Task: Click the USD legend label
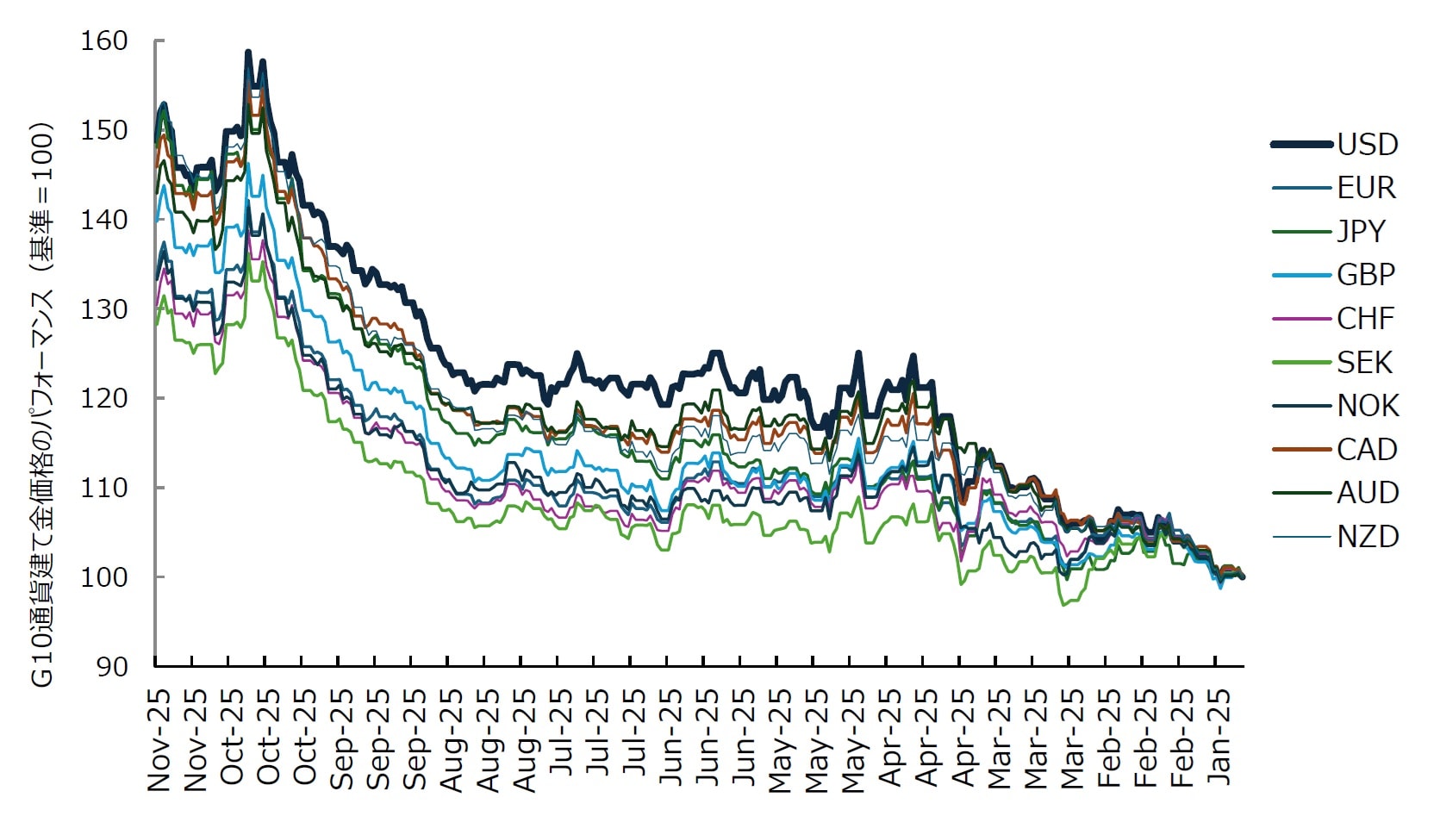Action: tap(1367, 145)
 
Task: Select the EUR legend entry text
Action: tap(1366, 188)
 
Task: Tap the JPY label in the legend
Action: tap(1362, 232)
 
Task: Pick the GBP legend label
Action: tap(1366, 275)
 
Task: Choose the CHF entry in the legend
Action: tap(1365, 319)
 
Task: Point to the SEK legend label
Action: tap(1364, 363)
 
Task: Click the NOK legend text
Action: tap(1368, 406)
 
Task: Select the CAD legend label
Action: tap(1367, 450)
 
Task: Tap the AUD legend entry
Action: tap(1368, 493)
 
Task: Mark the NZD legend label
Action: tap(1368, 537)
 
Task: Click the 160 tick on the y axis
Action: tap(103, 40)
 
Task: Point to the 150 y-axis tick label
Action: tap(103, 130)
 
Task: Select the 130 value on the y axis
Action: tap(103, 308)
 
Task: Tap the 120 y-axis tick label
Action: tap(103, 398)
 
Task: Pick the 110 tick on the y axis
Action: tap(103, 488)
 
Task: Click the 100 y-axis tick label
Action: tap(103, 576)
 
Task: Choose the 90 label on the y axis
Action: tap(112, 666)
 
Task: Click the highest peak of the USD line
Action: tap(248, 53)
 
